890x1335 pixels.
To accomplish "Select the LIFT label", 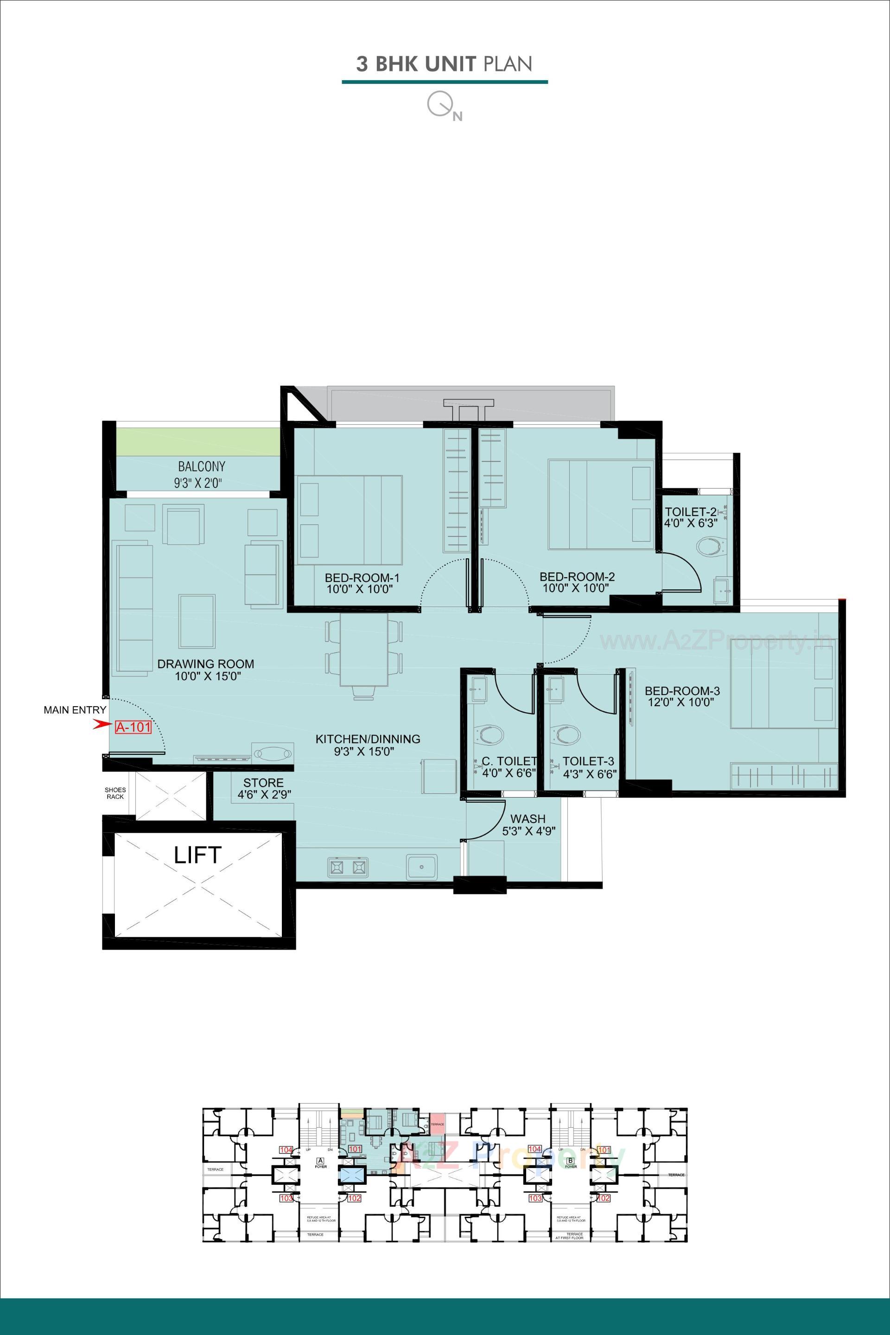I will coord(197,855).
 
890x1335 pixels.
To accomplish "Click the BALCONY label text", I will coord(202,467).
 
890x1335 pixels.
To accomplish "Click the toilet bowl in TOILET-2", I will coord(711,548).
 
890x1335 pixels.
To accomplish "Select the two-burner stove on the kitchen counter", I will coord(346,867).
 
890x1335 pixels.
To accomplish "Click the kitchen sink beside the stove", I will coord(421,867).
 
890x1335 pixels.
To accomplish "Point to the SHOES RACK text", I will coord(115,793).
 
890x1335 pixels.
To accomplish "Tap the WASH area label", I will coord(528,819).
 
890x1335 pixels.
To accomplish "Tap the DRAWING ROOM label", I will coord(205,664).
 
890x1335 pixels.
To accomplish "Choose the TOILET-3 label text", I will coord(588,761).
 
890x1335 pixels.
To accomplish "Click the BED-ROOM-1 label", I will coord(362,578).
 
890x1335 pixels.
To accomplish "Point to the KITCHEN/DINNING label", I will coord(368,739).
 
